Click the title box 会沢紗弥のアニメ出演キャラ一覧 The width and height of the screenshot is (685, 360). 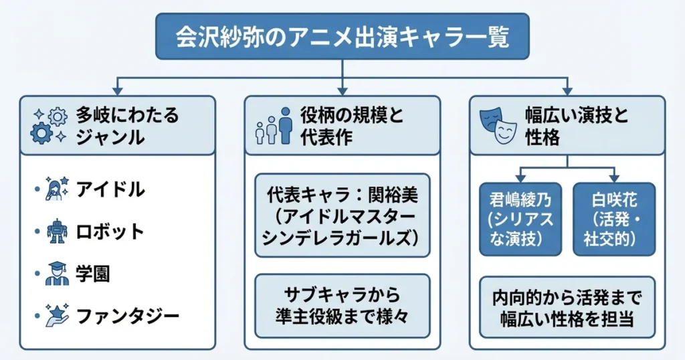(x=342, y=37)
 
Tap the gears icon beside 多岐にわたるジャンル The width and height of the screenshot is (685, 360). (x=50, y=126)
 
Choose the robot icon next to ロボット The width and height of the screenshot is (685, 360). (x=57, y=232)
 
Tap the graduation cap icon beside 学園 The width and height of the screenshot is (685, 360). (x=57, y=273)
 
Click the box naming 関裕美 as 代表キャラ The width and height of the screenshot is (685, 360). (x=342, y=215)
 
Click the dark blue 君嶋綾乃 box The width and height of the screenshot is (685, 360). (x=520, y=219)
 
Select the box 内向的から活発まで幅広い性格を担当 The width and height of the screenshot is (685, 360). (x=567, y=306)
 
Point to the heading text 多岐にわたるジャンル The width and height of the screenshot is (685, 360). (x=127, y=126)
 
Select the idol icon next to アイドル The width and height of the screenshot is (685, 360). (x=57, y=190)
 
